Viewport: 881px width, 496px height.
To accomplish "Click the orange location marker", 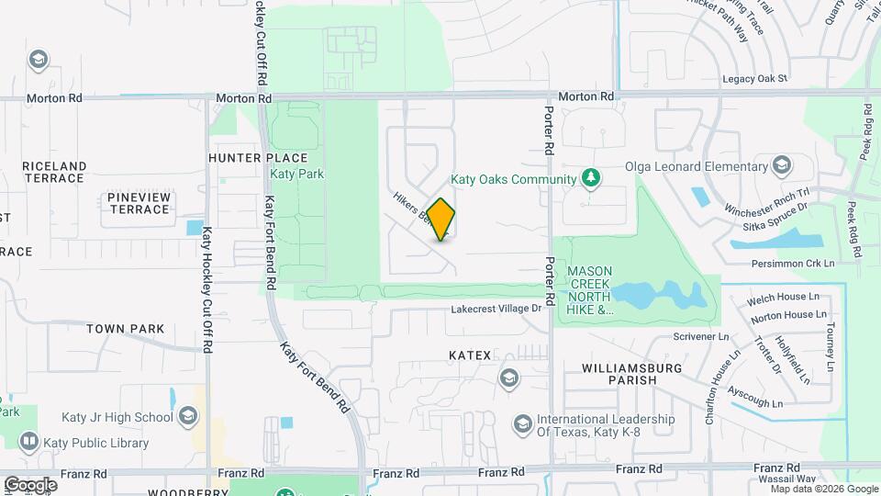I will tap(441, 219).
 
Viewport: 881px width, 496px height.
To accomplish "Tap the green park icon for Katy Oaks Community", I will tap(592, 178).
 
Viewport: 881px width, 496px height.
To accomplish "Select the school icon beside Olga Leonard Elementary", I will tap(782, 166).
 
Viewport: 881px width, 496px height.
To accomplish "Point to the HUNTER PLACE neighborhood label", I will tap(248, 158).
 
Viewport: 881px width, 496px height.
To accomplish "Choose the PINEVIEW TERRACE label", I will tap(139, 203).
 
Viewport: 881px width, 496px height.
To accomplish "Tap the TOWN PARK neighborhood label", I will tap(126, 328).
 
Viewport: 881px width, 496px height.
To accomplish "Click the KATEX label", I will tap(470, 355).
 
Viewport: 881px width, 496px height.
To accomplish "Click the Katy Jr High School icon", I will tap(188, 418).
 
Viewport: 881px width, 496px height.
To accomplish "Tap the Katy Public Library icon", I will tap(28, 443).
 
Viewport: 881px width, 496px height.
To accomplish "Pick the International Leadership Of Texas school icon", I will tap(522, 423).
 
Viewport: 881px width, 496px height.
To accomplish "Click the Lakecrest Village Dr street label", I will tap(496, 309).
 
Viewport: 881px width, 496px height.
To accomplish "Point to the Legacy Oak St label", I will tap(755, 79).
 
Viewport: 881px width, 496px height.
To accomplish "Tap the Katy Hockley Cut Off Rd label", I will tap(208, 290).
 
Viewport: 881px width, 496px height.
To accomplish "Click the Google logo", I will tap(30, 484).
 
